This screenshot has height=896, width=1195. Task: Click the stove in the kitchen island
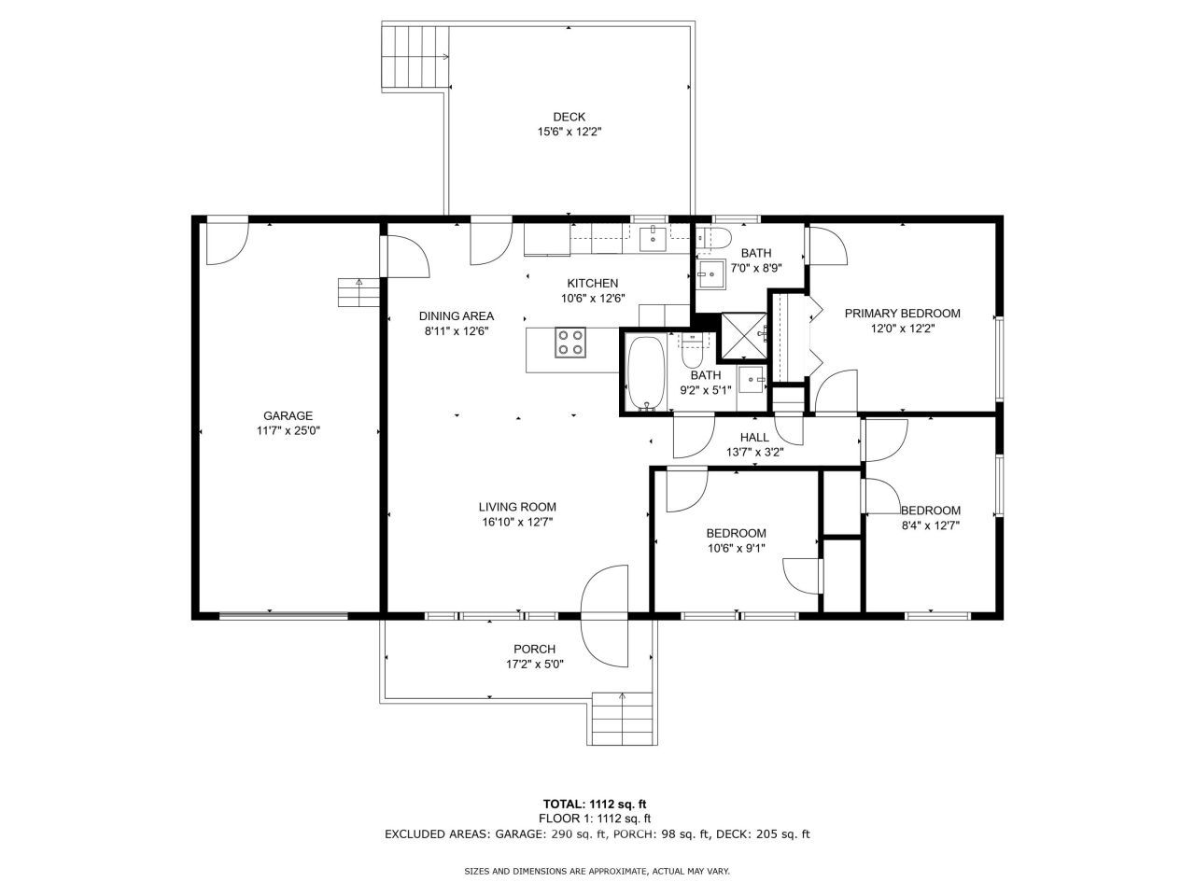click(x=570, y=343)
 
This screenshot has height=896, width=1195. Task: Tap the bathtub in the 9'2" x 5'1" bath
click(x=645, y=373)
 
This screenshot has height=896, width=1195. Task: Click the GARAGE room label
click(x=288, y=416)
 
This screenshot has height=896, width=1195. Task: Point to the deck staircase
click(x=416, y=58)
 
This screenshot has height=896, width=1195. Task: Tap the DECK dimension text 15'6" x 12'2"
click(x=569, y=132)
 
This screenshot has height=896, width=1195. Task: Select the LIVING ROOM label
click(x=517, y=507)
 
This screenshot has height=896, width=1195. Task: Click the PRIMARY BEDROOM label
click(x=902, y=314)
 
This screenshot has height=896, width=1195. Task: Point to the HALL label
click(x=754, y=437)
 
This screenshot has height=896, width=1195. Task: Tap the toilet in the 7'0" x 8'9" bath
click(x=713, y=238)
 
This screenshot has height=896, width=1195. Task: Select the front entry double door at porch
click(x=606, y=616)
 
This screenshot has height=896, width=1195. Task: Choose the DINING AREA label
click(x=457, y=315)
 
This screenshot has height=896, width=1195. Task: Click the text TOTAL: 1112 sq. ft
click(x=596, y=803)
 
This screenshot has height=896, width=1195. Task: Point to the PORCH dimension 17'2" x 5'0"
click(x=534, y=665)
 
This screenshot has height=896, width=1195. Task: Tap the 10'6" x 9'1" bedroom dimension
click(x=736, y=548)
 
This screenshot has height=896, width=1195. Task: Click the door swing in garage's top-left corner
click(x=227, y=241)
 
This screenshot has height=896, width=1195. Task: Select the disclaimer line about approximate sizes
click(x=597, y=871)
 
